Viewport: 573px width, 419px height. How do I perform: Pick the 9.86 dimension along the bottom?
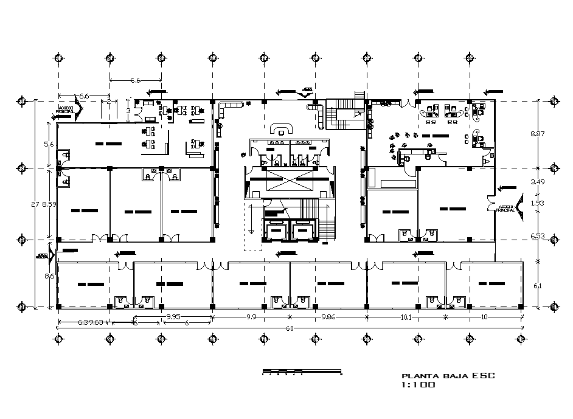pyautogui.click(x=328, y=317)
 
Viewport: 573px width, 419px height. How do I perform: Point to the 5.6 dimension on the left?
pyautogui.click(x=49, y=144)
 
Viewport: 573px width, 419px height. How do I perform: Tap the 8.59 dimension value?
pyautogui.click(x=49, y=205)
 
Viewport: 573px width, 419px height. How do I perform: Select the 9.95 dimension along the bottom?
pyautogui.click(x=174, y=317)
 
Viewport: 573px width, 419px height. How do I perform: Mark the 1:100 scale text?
pyautogui.click(x=418, y=385)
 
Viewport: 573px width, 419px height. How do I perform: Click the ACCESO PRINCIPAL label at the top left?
pyautogui.click(x=65, y=110)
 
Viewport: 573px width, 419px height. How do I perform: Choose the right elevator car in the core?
pyautogui.click(x=302, y=231)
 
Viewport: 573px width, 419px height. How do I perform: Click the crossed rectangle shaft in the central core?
pyautogui.click(x=290, y=181)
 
